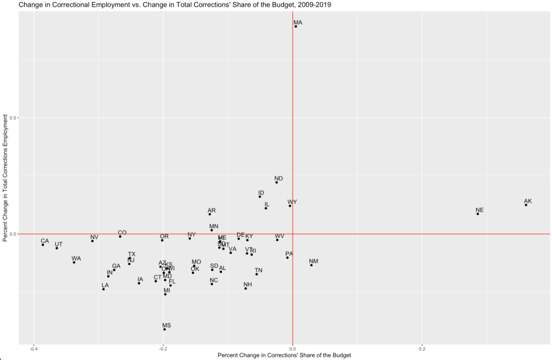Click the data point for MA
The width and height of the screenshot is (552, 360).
coord(296,26)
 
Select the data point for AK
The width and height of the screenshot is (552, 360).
coord(526,205)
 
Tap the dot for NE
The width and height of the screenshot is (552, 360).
coord(478,214)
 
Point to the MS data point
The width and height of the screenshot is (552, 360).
coord(164,329)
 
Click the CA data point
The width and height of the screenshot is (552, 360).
coord(43,245)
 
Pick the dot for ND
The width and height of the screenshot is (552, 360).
coord(277,182)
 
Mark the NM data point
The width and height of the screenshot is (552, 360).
coord(312,265)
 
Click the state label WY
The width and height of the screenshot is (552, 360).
coord(292,202)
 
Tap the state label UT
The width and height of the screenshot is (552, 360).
coord(58,244)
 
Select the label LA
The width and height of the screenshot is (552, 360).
coord(105,285)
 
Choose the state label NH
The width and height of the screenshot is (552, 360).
coord(247,285)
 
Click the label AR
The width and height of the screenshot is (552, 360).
coord(212,210)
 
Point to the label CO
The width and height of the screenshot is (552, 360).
coord(122,233)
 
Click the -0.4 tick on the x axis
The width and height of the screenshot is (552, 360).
coord(34,349)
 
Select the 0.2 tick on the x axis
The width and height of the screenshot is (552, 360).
coord(422,349)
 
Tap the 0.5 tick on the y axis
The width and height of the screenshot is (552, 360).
coord(13,118)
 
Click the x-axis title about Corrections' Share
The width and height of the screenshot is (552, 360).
coord(284,355)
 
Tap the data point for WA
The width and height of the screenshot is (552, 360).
coord(74,262)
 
